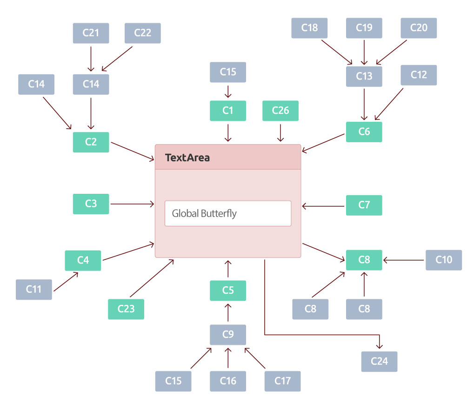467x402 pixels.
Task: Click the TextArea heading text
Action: click(187, 158)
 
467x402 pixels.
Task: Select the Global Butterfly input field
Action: click(228, 213)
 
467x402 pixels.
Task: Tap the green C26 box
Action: click(280, 111)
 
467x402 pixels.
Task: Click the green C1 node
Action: click(228, 111)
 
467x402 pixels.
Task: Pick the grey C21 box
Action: click(91, 33)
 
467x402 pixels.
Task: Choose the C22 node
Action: click(143, 33)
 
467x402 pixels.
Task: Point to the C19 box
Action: click(364, 28)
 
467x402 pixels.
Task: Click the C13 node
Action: click(364, 77)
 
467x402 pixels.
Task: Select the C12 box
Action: click(419, 75)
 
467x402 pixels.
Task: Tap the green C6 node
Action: click(364, 132)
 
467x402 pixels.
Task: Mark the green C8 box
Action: click(364, 260)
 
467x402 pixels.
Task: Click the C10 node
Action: click(444, 260)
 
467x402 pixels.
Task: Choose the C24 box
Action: click(379, 362)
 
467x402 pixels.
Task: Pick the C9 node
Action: click(228, 335)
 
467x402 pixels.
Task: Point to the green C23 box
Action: click(126, 309)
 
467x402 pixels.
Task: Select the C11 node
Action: click(33, 290)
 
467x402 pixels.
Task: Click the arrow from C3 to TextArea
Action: click(132, 204)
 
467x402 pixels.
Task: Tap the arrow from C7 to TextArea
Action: click(323, 206)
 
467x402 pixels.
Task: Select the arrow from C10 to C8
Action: click(404, 260)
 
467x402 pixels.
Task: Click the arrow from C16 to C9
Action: click(228, 358)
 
